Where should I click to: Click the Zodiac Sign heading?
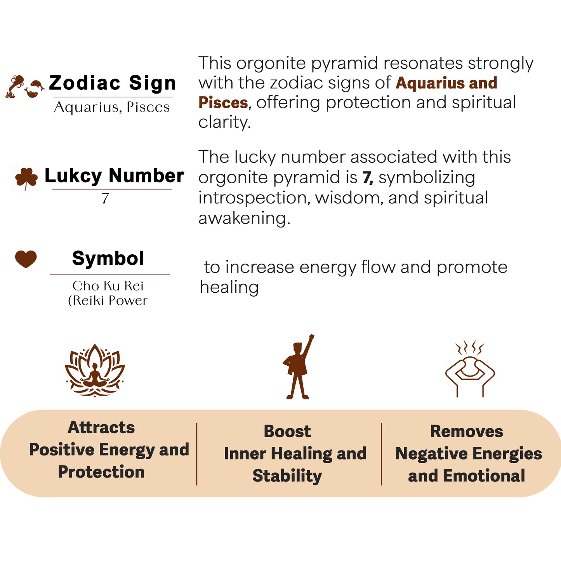click(x=113, y=83)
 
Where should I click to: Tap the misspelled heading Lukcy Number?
click(x=114, y=176)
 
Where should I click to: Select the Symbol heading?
click(x=108, y=259)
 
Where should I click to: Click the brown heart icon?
click(x=26, y=259)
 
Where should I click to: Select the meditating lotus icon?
click(x=95, y=370)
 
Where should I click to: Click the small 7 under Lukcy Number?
click(x=105, y=198)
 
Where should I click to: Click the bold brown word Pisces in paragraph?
click(x=223, y=103)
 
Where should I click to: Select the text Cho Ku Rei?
click(x=108, y=286)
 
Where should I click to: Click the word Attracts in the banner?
click(x=101, y=427)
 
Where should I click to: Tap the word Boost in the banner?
click(x=287, y=431)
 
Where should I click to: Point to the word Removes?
click(x=467, y=431)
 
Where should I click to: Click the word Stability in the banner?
click(x=287, y=476)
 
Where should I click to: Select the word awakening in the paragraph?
click(x=244, y=218)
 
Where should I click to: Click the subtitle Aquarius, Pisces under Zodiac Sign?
click(x=112, y=108)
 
